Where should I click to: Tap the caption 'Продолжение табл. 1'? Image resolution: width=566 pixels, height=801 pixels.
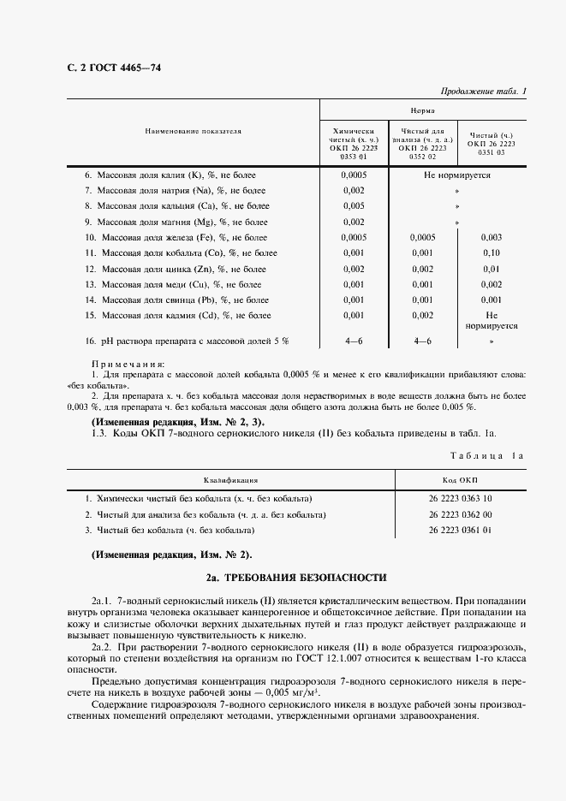(x=483, y=91)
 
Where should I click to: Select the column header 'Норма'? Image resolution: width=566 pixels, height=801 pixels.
(x=421, y=110)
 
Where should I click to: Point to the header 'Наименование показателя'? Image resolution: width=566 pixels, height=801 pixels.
(x=193, y=132)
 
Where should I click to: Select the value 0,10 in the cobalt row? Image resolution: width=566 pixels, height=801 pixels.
(x=491, y=252)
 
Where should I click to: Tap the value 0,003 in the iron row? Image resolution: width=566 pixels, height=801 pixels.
(x=491, y=237)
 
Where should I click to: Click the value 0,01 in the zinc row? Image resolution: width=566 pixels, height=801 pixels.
(x=491, y=269)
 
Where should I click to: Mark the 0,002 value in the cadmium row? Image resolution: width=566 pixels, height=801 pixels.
(x=422, y=316)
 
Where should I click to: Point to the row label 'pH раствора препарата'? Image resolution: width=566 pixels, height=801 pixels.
(x=186, y=341)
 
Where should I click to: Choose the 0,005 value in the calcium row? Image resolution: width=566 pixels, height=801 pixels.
(x=353, y=205)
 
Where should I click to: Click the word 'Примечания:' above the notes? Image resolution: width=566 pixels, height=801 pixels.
(x=128, y=364)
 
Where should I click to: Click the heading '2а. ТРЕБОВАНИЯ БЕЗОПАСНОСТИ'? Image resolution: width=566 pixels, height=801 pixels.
(x=295, y=578)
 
